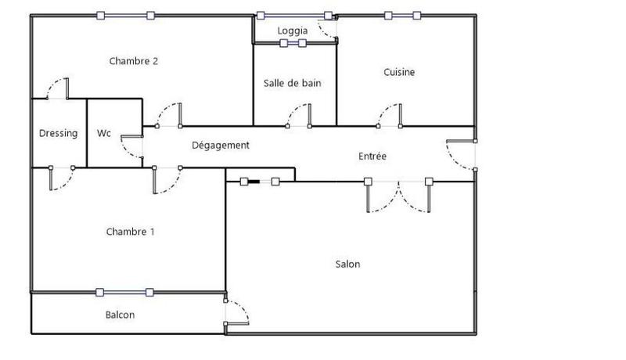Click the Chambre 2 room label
tap(135, 60)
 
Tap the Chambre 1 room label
tap(130, 231)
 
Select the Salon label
tap(348, 265)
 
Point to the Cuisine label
tap(399, 72)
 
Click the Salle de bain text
tap(293, 83)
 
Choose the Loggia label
tap(293, 31)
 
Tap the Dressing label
tap(59, 133)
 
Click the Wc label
tap(104, 133)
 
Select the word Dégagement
tap(221, 145)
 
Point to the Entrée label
tap(372, 156)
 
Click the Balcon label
tap(120, 315)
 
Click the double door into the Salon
tap(398, 196)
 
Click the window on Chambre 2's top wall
tap(125, 15)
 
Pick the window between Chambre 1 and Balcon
tap(125, 292)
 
